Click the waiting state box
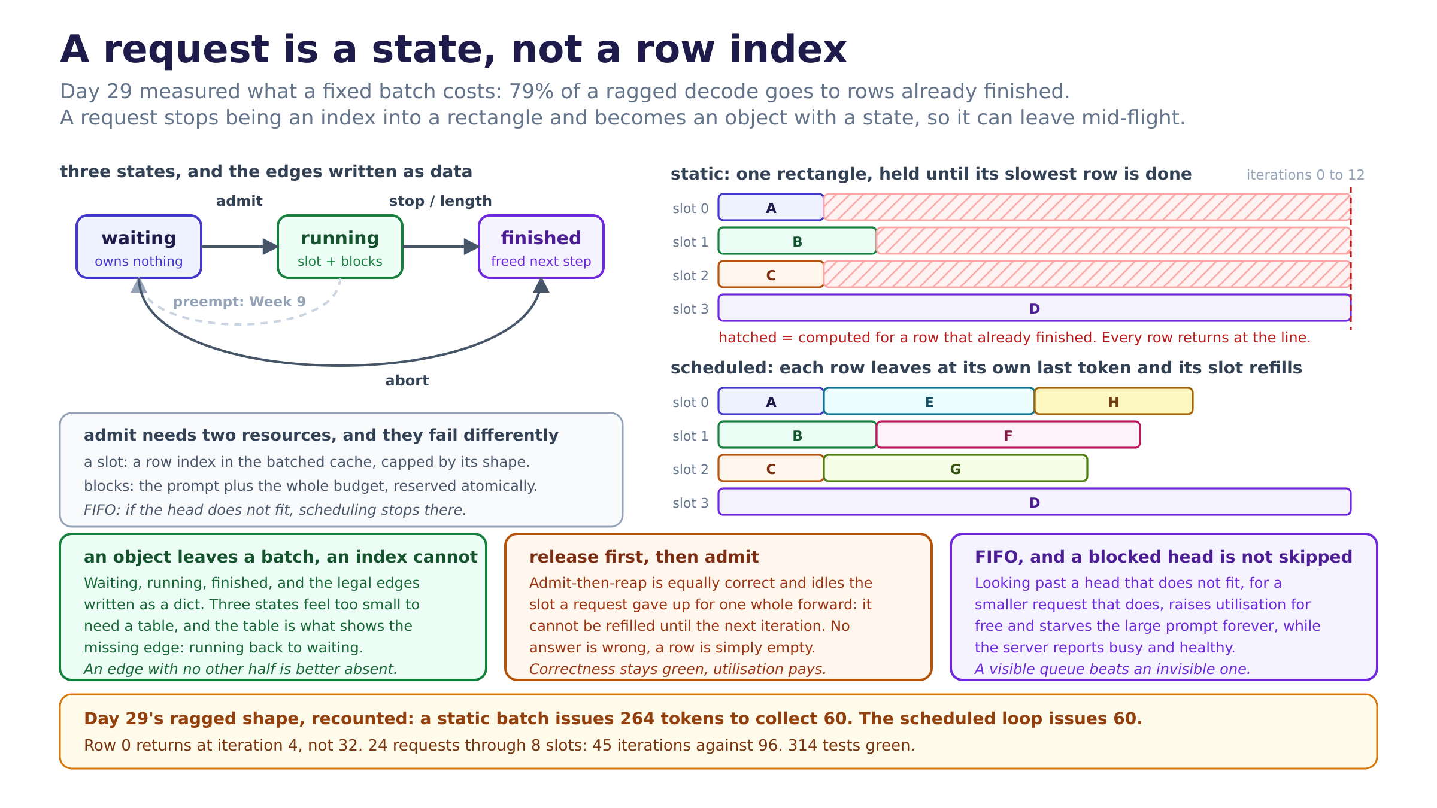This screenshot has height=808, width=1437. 139,247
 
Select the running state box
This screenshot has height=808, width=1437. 340,247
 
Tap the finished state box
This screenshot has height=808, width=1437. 541,247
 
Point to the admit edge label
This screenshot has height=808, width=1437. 239,201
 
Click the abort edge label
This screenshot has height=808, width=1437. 407,381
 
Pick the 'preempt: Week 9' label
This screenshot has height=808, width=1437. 239,302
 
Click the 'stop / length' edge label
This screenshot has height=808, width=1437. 441,201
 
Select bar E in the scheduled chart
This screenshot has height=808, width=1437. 929,401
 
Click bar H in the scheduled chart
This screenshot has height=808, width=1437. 1114,401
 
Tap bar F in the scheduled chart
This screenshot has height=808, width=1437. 1008,435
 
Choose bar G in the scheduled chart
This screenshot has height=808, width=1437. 956,468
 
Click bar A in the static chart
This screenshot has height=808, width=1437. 771,207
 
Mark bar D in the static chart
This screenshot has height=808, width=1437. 1035,308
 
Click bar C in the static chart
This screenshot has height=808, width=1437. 771,274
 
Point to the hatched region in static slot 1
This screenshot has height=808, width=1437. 1114,241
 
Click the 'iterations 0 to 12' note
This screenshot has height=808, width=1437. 1305,175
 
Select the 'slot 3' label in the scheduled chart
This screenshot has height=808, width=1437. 690,503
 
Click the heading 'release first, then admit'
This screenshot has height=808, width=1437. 644,557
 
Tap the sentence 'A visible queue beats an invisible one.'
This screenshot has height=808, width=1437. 1112,669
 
